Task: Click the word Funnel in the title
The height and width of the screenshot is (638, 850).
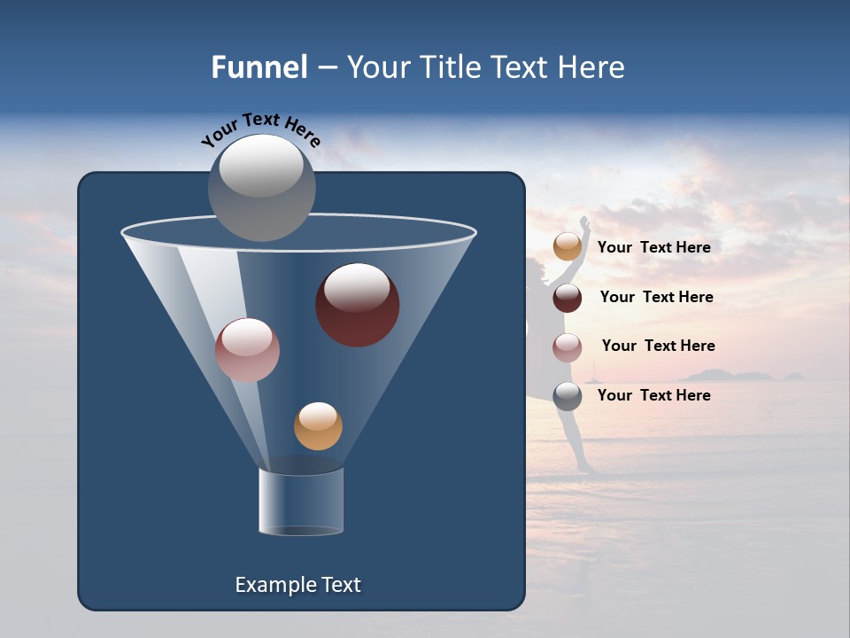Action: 259,67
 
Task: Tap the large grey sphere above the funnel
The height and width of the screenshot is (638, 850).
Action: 261,187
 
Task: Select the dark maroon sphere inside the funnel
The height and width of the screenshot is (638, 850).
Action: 357,305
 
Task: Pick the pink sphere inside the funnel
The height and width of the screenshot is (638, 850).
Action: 247,350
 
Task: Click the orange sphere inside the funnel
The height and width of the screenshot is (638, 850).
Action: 318,426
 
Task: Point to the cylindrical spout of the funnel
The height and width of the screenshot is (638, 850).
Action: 301,502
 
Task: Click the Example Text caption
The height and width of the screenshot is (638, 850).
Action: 297,585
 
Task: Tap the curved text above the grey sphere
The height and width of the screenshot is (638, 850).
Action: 260,129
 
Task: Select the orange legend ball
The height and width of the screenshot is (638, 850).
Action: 568,247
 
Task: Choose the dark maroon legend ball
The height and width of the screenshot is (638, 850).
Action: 568,298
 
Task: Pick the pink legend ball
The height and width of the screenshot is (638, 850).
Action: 568,347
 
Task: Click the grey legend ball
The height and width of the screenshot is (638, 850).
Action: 568,396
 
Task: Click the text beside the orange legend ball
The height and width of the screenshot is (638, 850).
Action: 653,247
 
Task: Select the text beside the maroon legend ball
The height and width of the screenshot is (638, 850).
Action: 656,297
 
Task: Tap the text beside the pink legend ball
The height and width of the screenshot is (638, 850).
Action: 658,346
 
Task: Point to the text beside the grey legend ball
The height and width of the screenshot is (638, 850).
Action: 653,395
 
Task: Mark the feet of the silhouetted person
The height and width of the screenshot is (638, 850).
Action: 586,469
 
